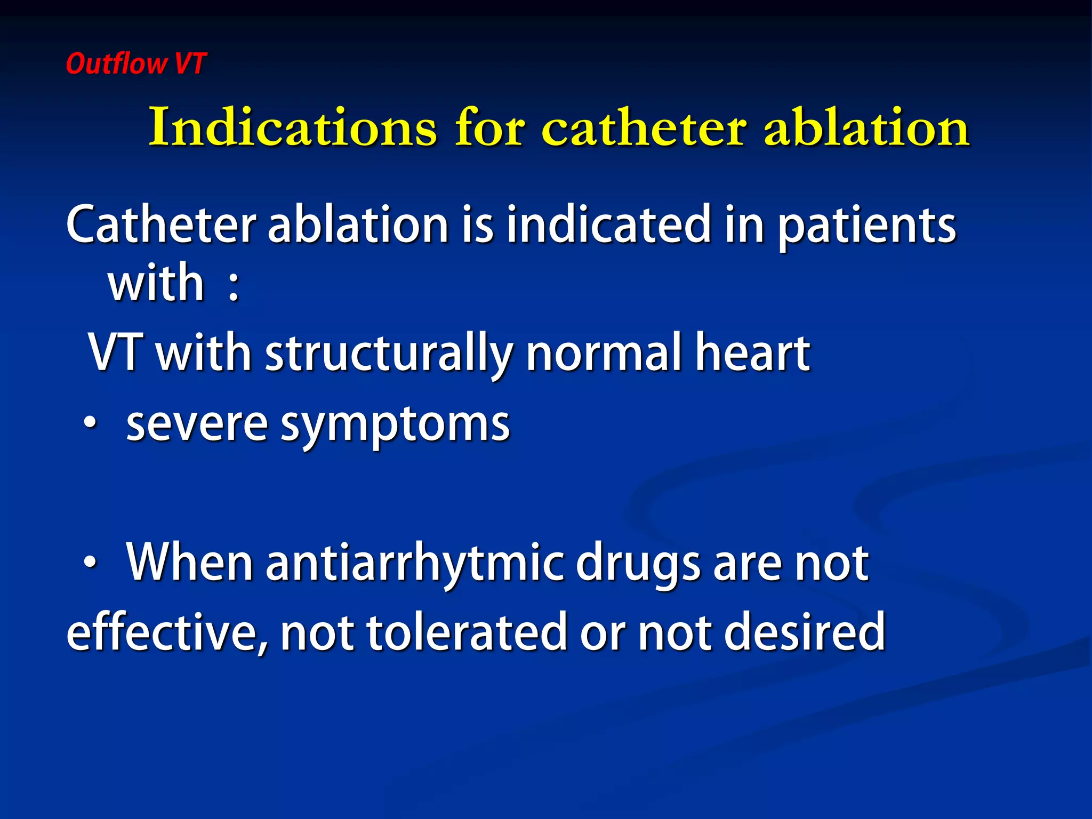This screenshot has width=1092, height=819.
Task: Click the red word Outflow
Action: [x=116, y=63]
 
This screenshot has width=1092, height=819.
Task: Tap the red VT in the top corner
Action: [x=189, y=63]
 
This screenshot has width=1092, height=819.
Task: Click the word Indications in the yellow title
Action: [x=293, y=128]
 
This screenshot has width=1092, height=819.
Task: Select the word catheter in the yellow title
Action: [x=644, y=128]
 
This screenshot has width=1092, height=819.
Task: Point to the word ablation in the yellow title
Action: [x=866, y=128]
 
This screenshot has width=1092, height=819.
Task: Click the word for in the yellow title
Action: [x=489, y=128]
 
